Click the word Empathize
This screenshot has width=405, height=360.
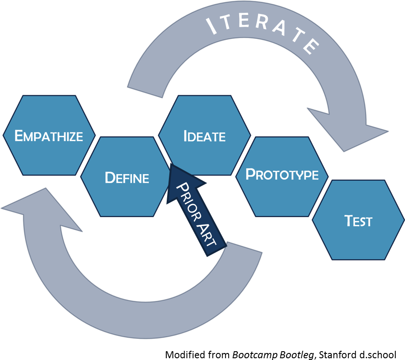pyautogui.click(x=49, y=136)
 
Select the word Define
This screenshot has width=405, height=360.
pyautogui.click(x=127, y=178)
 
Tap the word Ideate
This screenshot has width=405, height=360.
pyautogui.click(x=204, y=136)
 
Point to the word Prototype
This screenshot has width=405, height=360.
pyautogui.click(x=282, y=175)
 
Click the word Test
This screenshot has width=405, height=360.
pyautogui.click(x=358, y=221)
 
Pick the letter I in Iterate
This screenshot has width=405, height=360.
pyautogui.click(x=212, y=28)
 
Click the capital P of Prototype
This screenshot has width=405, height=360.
pyautogui.click(x=251, y=174)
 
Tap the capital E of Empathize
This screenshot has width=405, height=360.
pyautogui.click(x=18, y=136)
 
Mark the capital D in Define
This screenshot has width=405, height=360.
pyautogui.click(x=110, y=178)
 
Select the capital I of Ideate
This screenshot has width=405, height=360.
pyautogui.click(x=186, y=136)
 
